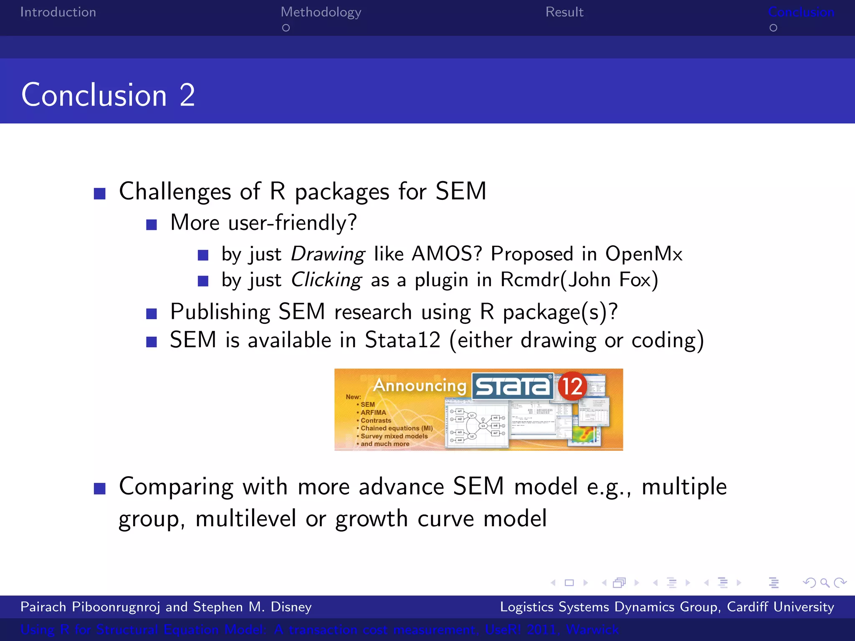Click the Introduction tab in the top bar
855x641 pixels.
tap(58, 12)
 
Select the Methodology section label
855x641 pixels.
tap(321, 13)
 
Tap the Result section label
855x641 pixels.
tap(564, 12)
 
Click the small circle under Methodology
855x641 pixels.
tap(286, 28)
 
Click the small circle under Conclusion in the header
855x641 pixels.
tap(773, 28)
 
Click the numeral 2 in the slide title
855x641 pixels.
tap(187, 95)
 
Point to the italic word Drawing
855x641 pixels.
tap(328, 254)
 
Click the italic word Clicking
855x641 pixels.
tap(326, 280)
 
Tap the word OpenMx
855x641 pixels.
tap(644, 254)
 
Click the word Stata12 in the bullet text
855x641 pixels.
tap(402, 340)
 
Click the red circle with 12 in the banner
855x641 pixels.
tap(572, 386)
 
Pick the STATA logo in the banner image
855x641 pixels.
tap(513, 386)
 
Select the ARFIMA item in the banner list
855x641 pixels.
tap(373, 412)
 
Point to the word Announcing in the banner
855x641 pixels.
tap(420, 385)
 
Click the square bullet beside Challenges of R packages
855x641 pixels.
tap(99, 194)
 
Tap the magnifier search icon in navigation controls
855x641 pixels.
tap(825, 583)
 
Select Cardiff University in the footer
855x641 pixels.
tap(780, 607)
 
